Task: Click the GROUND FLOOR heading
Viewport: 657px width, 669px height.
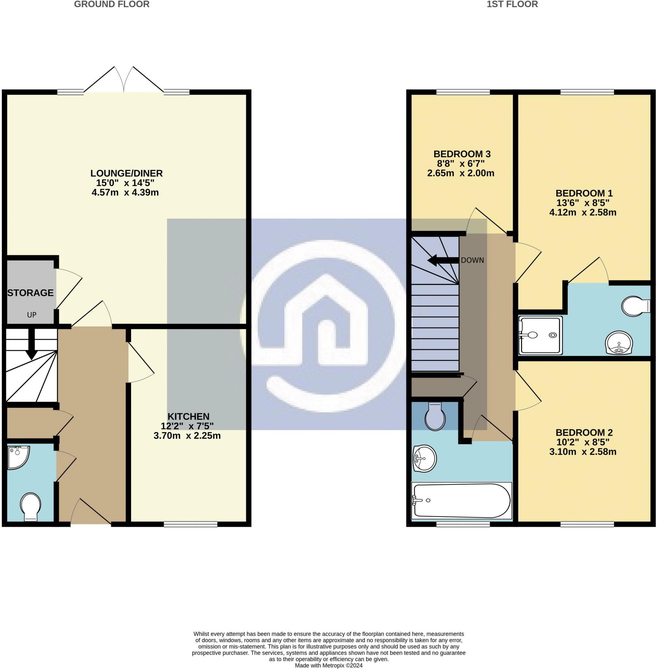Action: coord(112,4)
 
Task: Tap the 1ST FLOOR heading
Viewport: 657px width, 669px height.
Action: coord(512,4)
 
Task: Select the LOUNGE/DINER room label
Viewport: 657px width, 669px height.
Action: coord(126,173)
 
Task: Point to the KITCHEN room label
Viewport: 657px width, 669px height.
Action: coord(189,416)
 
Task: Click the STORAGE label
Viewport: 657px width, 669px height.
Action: coord(30,293)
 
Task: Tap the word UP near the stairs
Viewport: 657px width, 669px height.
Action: coord(32,315)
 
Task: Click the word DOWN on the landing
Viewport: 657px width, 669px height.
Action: coord(472,260)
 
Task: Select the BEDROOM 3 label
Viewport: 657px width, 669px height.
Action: coord(462,154)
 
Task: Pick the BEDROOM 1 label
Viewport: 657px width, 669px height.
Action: coord(584,193)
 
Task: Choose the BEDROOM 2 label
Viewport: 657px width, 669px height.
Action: coord(584,432)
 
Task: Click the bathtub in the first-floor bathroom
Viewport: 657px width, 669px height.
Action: coord(462,501)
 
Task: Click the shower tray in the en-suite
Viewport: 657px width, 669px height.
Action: coord(541,335)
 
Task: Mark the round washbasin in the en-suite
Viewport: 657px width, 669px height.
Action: coord(619,343)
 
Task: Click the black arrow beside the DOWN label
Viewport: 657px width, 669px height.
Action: coord(444,260)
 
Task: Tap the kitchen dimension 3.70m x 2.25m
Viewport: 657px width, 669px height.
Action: coord(187,436)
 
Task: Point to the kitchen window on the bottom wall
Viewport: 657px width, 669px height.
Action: coord(190,524)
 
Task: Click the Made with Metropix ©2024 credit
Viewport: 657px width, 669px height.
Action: coord(329,665)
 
